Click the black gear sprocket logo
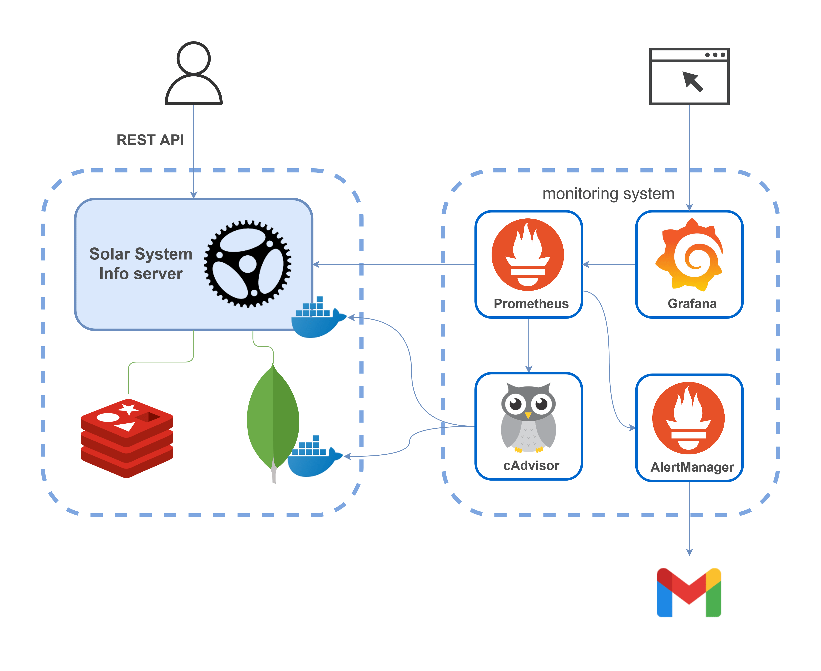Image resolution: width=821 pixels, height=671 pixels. tap(248, 264)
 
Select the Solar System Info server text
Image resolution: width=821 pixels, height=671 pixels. tap(141, 264)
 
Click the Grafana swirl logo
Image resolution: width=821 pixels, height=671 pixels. tap(689, 255)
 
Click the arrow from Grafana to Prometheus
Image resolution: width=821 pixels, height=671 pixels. tap(609, 264)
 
